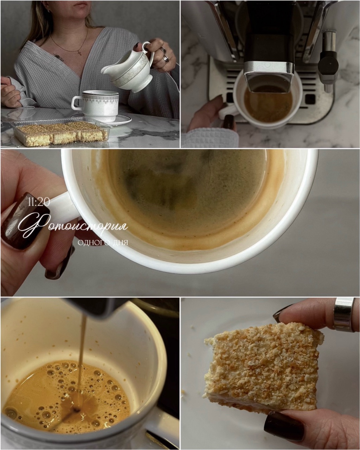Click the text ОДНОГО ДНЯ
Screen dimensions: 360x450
coord(103,243)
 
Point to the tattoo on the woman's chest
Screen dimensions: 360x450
coord(59,57)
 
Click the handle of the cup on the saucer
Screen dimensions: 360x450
coord(77,103)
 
